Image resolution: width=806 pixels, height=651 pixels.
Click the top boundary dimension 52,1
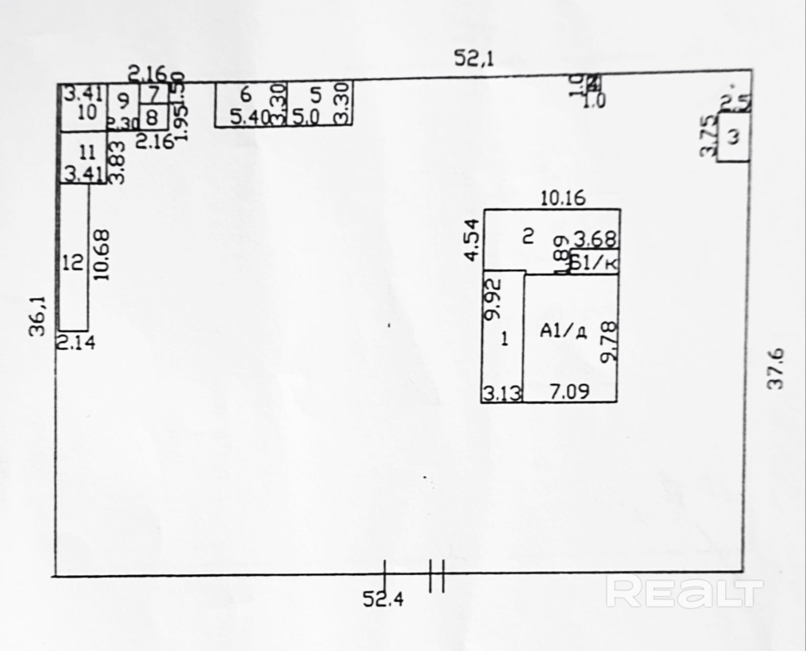474,58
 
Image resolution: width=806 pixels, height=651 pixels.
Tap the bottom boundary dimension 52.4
383,600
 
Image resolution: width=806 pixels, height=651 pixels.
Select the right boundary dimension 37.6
775,368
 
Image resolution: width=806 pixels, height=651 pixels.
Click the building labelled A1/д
569,338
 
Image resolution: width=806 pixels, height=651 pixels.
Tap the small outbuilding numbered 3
734,137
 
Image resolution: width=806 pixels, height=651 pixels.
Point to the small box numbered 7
154,93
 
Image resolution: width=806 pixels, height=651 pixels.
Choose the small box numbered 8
152,118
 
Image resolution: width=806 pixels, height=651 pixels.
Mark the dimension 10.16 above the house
563,198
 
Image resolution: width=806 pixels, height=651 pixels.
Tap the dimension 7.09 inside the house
569,392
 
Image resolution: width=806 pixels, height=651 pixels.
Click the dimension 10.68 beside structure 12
101,255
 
